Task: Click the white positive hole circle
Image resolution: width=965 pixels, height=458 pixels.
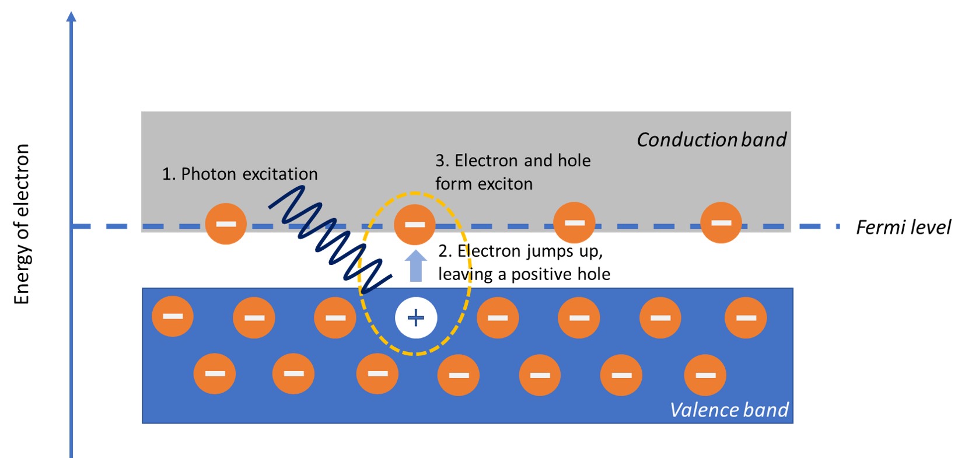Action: coord(415,318)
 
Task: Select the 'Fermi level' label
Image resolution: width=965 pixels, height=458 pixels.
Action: coord(903,227)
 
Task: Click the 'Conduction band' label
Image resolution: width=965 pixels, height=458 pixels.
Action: coord(711,140)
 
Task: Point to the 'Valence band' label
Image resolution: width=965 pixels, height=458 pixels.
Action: coord(729,410)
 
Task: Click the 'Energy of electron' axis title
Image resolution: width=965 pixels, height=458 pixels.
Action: coord(22,224)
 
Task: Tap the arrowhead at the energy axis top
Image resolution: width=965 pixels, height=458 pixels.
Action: coord(71,16)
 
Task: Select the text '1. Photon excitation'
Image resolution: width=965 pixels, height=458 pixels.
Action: coord(240,174)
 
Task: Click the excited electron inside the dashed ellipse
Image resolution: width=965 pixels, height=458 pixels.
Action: coord(415,224)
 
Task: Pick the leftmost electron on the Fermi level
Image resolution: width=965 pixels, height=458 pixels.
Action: coord(226,223)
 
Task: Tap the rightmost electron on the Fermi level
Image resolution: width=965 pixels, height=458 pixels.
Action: coord(721,222)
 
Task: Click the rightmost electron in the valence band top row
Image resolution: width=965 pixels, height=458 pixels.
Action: coord(746,317)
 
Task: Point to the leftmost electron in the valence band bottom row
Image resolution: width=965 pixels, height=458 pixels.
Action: coord(215,373)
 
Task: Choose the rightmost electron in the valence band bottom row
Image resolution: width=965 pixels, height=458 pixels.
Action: coord(705,375)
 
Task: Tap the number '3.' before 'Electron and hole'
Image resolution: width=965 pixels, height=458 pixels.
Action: coord(442,161)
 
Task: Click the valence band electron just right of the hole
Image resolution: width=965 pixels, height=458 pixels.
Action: coord(497,317)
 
